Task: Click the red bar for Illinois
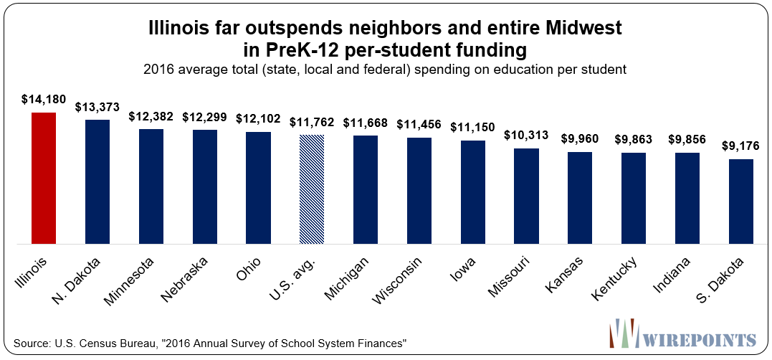[x=44, y=179]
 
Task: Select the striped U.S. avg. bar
[x=312, y=189]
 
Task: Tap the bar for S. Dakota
[x=741, y=202]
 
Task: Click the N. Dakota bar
[x=97, y=182]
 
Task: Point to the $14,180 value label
[x=44, y=99]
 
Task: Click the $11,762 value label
[x=312, y=122]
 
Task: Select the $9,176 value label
[x=741, y=146]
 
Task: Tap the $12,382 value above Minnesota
[x=151, y=116]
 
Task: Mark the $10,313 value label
[x=527, y=135]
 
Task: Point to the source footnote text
[x=211, y=343]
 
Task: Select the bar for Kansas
[x=580, y=198]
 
